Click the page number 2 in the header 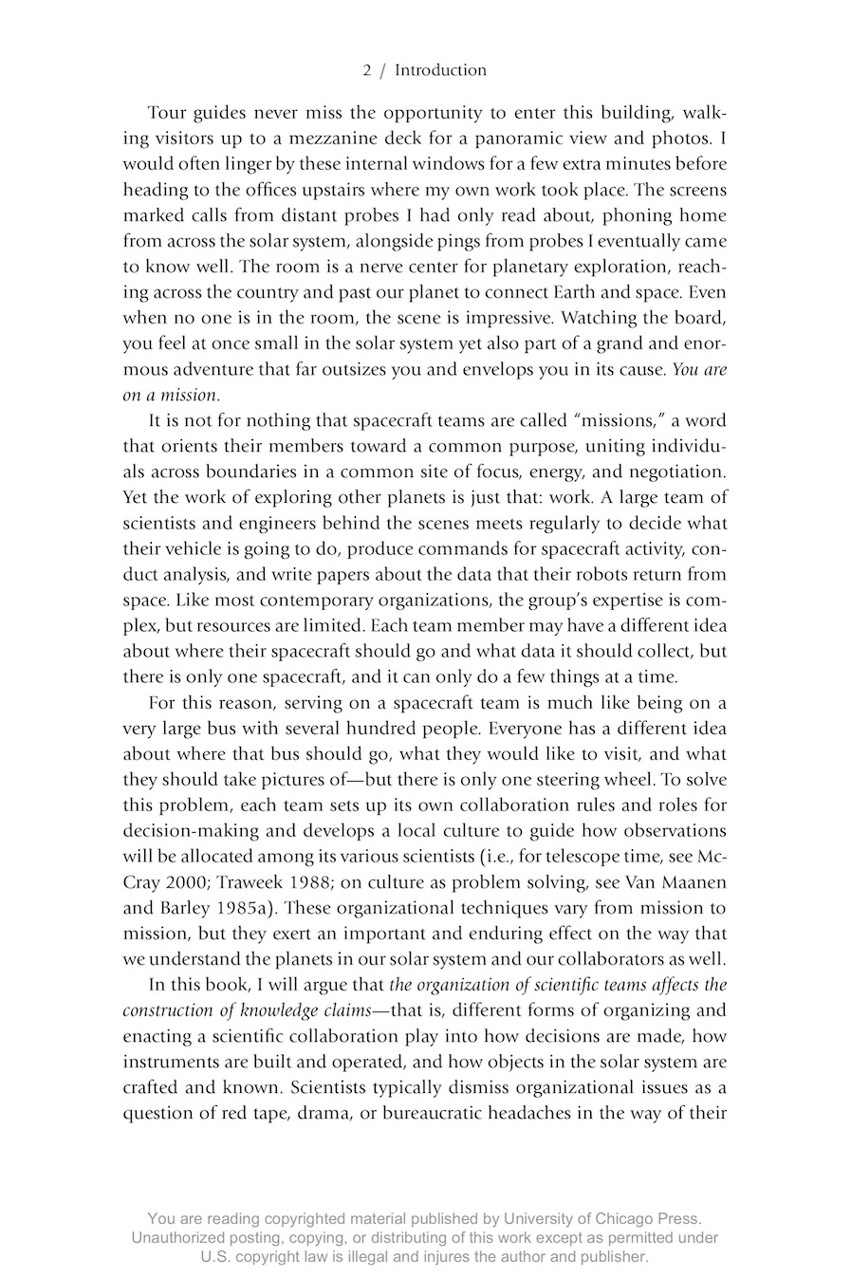[x=367, y=70]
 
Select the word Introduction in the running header [x=440, y=70]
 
